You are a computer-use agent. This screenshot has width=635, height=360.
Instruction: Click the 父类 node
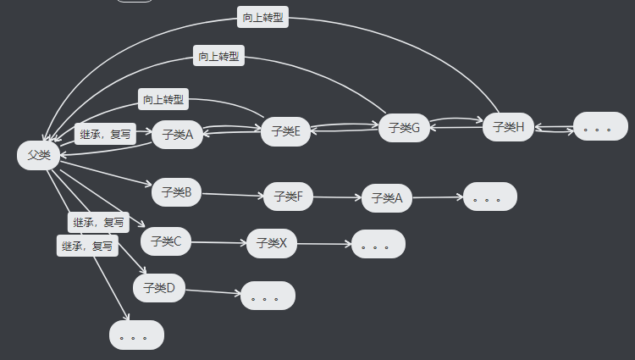38,155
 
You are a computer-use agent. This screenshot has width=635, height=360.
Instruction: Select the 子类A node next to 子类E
177,134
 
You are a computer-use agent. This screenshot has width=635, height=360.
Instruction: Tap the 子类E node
286,131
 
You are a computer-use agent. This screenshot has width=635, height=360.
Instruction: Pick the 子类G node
404,128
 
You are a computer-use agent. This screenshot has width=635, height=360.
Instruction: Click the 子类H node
508,127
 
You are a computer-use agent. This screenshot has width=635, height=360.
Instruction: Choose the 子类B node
176,192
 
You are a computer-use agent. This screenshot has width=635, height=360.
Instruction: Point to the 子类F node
289,197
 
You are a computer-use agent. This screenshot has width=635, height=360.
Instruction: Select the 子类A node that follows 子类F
386,198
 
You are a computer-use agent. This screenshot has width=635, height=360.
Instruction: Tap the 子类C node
166,241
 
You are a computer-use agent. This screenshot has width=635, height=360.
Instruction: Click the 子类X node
271,243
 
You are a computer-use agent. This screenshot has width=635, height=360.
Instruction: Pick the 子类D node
158,288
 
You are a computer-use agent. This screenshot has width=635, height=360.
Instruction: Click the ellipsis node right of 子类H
601,128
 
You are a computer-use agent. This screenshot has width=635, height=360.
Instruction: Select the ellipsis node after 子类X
378,244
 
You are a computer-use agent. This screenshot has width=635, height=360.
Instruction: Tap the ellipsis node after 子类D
268,296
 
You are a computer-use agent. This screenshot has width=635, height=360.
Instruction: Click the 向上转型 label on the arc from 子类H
263,18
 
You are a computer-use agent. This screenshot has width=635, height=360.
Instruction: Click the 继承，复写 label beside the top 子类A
105,134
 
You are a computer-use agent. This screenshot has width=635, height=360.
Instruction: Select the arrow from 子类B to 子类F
232,195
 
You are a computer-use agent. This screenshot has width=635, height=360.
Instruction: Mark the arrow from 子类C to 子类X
218,242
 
